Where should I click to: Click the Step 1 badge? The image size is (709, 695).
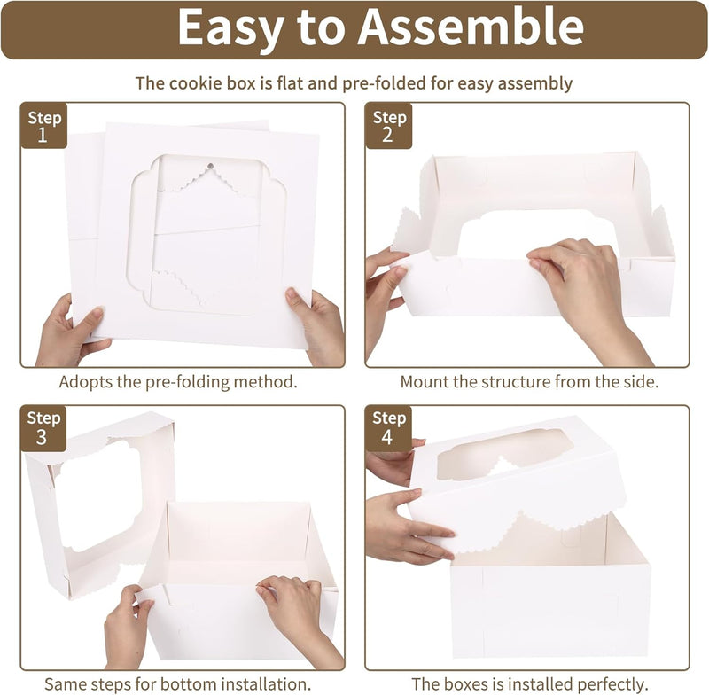point(44,125)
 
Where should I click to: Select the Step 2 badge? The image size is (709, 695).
point(389,125)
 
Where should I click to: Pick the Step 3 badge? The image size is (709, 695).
point(43,428)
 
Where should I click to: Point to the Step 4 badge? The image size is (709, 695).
point(388,428)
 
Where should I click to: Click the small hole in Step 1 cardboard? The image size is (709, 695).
point(210,166)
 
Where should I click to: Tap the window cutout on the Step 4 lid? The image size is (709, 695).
point(504,454)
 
